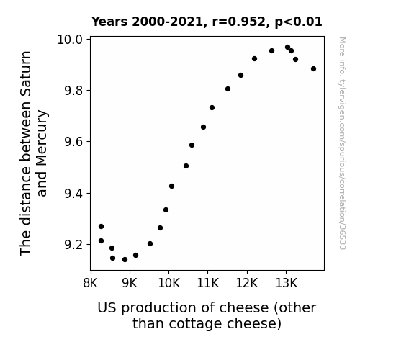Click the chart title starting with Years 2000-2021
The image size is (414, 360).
point(207,22)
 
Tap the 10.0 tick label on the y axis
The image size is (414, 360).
point(70,40)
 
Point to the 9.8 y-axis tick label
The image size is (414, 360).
point(73,91)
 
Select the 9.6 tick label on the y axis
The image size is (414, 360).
point(73,142)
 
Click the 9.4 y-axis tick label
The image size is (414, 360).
point(73,194)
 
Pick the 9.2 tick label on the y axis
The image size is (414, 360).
point(73,245)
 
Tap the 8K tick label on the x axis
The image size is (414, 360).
point(91,283)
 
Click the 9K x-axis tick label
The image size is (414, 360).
point(130,283)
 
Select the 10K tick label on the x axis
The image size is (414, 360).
point(168,283)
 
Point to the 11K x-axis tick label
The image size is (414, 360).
point(208,283)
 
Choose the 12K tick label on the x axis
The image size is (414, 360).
point(247,283)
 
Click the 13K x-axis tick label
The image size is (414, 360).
point(287,283)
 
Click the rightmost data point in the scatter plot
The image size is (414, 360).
point(313,68)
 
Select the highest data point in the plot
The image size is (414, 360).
point(287,48)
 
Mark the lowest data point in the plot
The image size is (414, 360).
point(125,260)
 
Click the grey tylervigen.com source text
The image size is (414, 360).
point(343,143)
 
